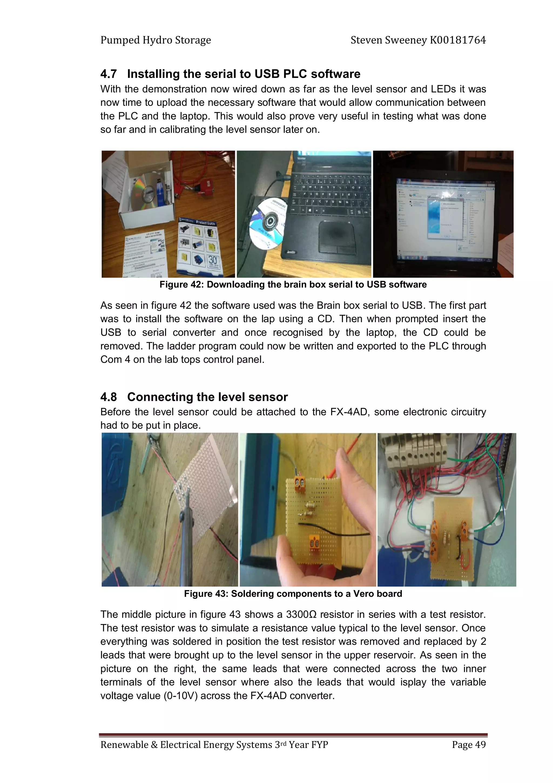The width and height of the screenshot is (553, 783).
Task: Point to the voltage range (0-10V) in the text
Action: tap(180, 696)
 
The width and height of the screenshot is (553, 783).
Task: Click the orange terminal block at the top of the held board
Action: tap(299, 484)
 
